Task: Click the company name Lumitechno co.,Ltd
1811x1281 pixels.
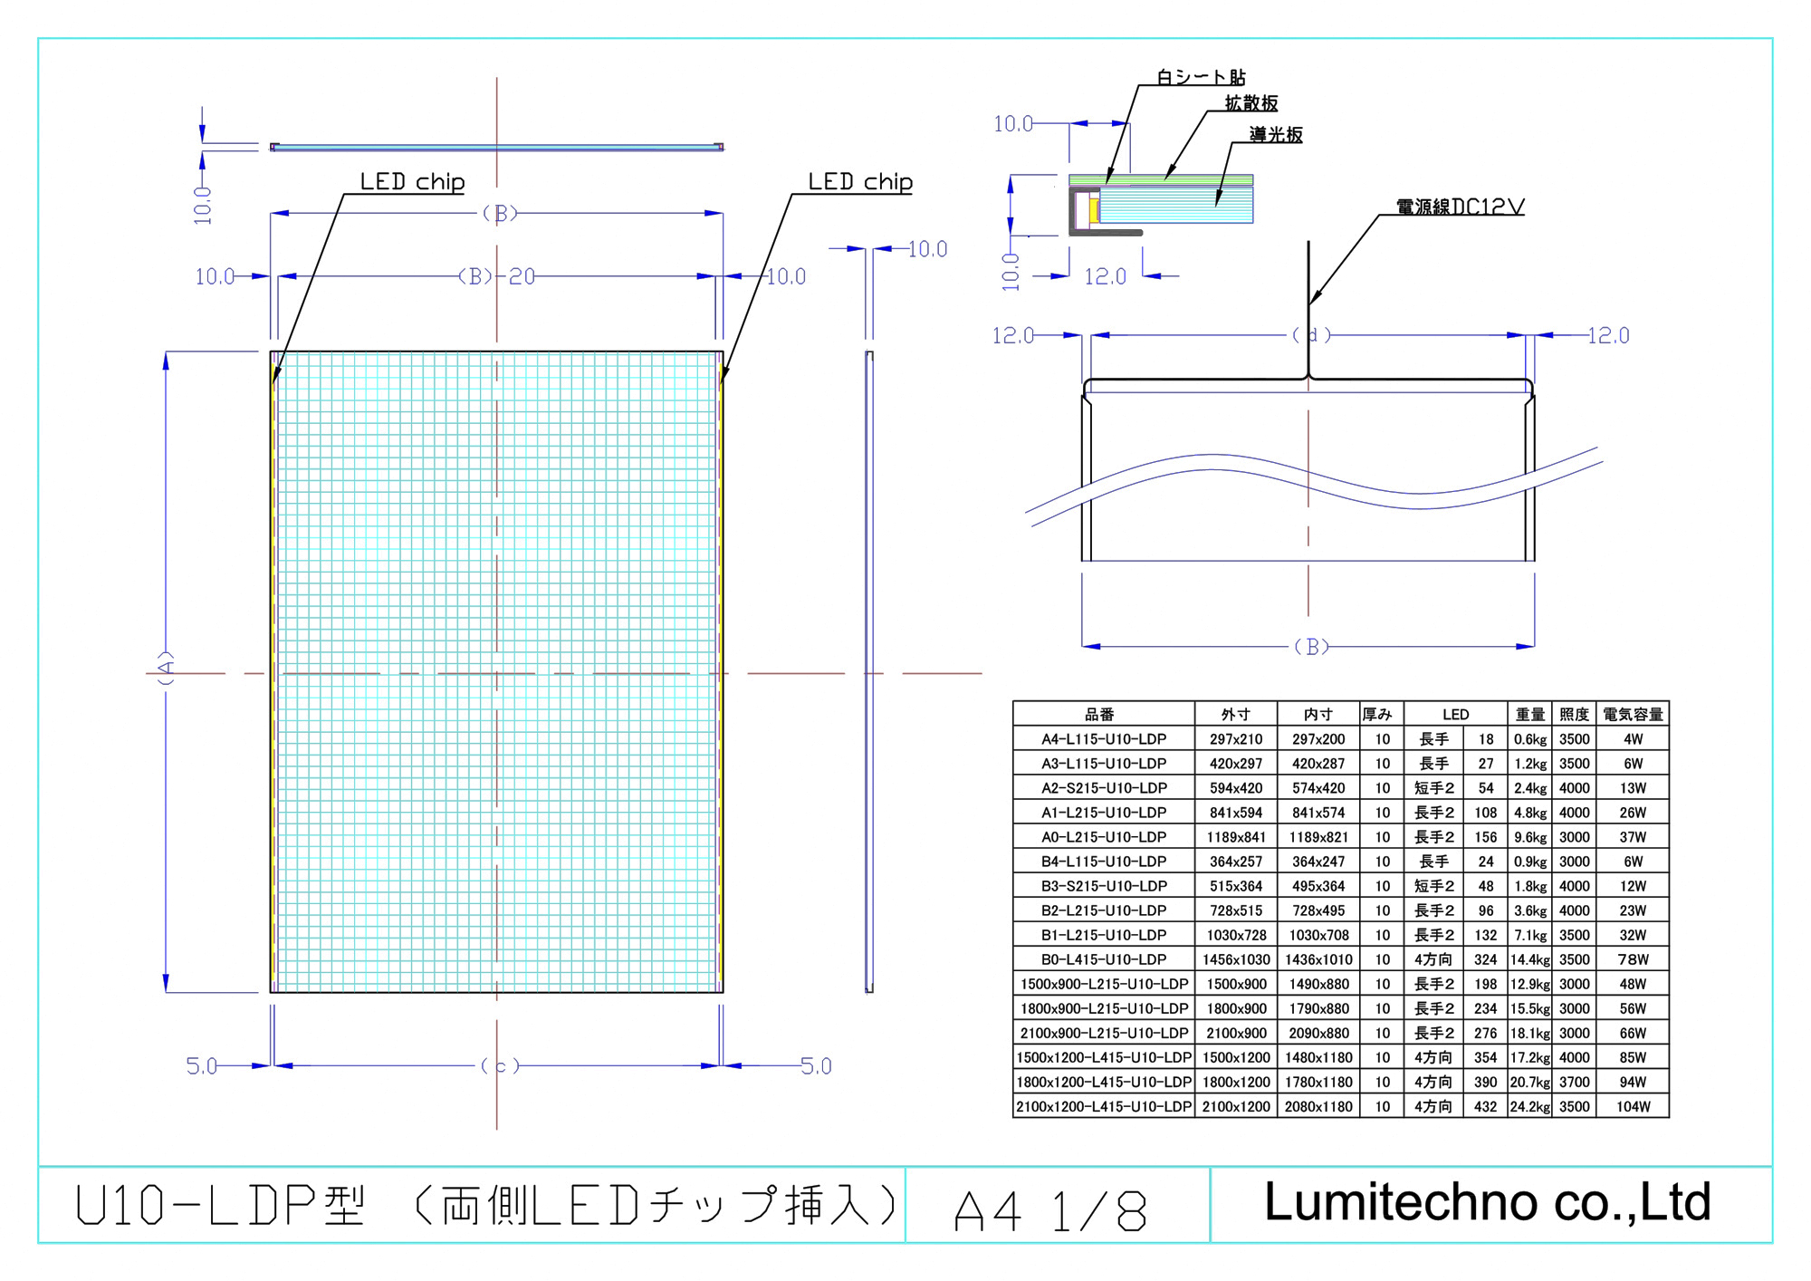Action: click(x=1487, y=1202)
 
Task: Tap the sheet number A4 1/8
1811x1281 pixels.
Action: click(x=1051, y=1210)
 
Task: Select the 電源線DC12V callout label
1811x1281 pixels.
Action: click(x=1460, y=207)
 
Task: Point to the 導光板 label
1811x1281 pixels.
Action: click(x=1276, y=135)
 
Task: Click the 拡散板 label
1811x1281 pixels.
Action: click(x=1251, y=103)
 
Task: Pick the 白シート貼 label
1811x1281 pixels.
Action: click(x=1201, y=77)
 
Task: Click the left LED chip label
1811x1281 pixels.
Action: click(x=412, y=182)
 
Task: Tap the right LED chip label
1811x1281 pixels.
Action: click(x=860, y=182)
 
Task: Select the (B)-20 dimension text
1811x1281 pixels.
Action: click(x=497, y=276)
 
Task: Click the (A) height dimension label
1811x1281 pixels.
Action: click(x=166, y=668)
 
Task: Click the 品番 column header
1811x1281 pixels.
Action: click(x=1100, y=714)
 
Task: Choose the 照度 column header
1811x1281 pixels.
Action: click(x=1574, y=714)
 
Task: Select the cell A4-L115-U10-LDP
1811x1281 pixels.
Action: click(x=1104, y=739)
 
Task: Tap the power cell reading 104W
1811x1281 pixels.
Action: click(x=1633, y=1106)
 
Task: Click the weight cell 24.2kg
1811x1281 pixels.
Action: click(x=1529, y=1106)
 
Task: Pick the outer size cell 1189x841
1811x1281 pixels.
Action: click(x=1236, y=837)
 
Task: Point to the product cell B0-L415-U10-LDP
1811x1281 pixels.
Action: click(x=1104, y=959)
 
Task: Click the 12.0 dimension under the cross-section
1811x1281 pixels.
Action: click(x=1106, y=276)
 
